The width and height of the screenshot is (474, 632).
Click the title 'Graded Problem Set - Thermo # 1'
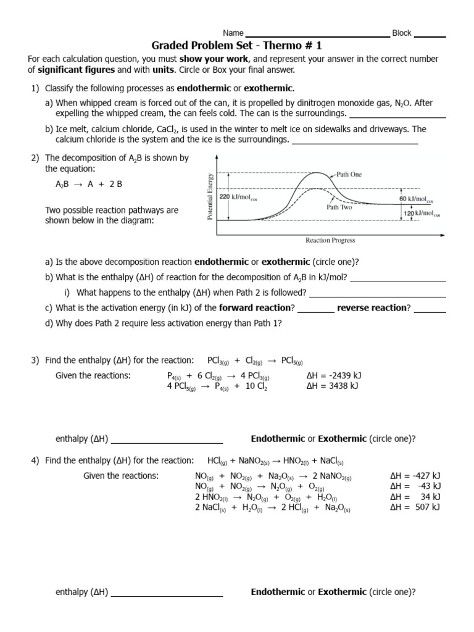coord(236,46)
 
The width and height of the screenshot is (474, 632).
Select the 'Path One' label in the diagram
coord(349,175)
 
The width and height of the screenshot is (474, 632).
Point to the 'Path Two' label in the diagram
coord(339,207)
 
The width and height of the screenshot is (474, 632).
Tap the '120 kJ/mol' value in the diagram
coord(422,214)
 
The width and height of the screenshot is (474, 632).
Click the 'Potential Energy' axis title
coord(210,196)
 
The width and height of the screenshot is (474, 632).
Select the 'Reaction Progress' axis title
coord(330,240)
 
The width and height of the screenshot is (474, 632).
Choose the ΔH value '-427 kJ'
coord(415,476)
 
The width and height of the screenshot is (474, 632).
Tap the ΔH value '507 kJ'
coord(415,507)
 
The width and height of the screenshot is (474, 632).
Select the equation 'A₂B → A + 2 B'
coord(89,185)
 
